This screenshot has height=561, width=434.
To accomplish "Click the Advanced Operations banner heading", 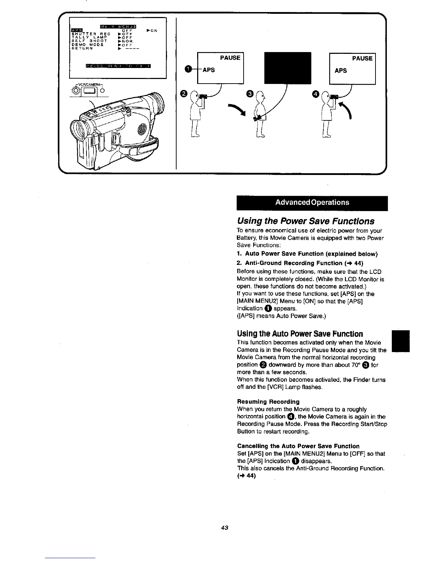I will click(312, 203).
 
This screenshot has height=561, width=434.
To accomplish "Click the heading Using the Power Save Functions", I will click(305, 221).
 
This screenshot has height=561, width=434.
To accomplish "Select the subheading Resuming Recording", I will click(268, 402).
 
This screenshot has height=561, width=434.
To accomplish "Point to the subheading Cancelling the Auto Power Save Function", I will click(298, 446).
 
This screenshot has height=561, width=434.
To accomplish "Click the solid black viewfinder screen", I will click(288, 68).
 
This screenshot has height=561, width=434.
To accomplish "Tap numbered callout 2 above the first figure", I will click(183, 93).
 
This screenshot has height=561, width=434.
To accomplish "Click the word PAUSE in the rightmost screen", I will click(362, 58).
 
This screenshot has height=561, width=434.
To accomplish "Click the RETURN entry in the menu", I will click(82, 49).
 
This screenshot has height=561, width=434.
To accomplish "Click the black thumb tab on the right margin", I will click(400, 341).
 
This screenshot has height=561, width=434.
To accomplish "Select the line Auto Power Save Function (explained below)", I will click(307, 254).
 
